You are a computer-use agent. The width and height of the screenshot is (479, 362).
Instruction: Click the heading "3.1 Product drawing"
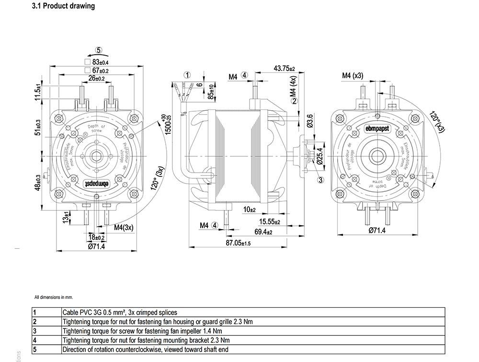click(x=63, y=6)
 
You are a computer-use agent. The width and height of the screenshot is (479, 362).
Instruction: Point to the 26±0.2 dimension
click(x=96, y=78)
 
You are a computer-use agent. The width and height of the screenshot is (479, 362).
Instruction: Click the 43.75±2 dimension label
click(x=284, y=69)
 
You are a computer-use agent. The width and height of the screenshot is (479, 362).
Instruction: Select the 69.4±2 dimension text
click(x=263, y=233)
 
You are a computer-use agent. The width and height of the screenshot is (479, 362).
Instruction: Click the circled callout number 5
click(x=98, y=49)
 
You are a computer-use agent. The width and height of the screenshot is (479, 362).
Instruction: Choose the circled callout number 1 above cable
click(x=187, y=75)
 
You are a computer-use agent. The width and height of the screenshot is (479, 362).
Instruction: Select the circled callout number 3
click(x=320, y=180)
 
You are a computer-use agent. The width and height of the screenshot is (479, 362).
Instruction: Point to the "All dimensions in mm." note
click(x=53, y=297)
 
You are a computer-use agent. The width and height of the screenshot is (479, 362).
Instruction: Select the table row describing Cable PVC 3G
click(x=120, y=312)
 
